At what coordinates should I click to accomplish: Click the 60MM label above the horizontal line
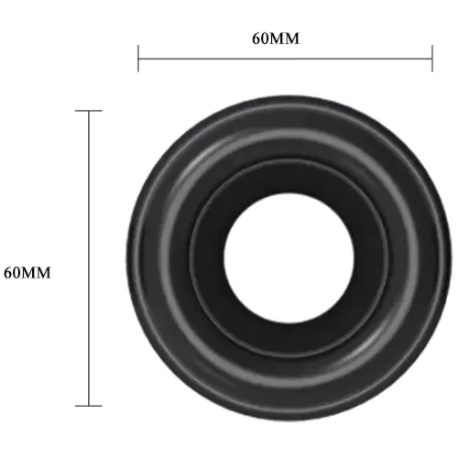276,38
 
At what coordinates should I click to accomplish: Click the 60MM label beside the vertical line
27,273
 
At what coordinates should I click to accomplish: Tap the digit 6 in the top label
256,38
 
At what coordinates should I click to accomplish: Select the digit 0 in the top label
265,38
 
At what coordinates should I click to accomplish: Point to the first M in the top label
277,39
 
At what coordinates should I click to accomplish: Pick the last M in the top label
292,39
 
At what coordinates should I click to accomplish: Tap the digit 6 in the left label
7,273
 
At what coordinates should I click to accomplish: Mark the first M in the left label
28,273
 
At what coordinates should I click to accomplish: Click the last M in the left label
44,273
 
